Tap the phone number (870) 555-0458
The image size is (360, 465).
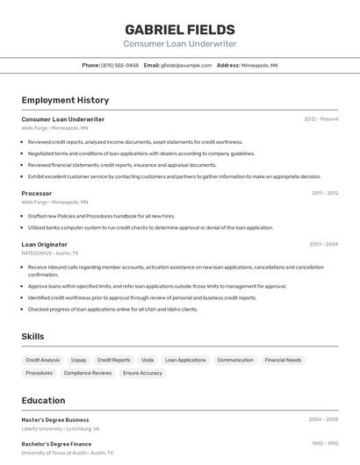point(119,65)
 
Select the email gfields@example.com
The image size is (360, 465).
point(186,65)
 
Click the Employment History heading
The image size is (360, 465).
point(65,100)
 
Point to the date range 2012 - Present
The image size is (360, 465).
point(321,118)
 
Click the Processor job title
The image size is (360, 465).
point(37,193)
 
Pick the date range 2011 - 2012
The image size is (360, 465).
point(325,193)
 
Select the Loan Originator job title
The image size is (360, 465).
point(45,244)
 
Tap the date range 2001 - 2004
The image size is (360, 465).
point(324,244)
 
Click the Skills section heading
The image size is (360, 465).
point(32,336)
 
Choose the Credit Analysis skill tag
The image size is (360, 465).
point(43,360)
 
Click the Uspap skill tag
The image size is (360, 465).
point(79,360)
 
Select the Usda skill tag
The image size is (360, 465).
point(148,360)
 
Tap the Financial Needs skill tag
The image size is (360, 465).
point(283,360)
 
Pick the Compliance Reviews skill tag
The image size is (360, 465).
point(88,373)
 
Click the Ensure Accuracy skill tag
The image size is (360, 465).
point(142,373)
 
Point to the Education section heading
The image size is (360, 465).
point(43,400)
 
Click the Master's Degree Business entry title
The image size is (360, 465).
point(55,419)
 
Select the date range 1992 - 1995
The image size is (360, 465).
point(324,444)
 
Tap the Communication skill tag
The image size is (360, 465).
point(235,360)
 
